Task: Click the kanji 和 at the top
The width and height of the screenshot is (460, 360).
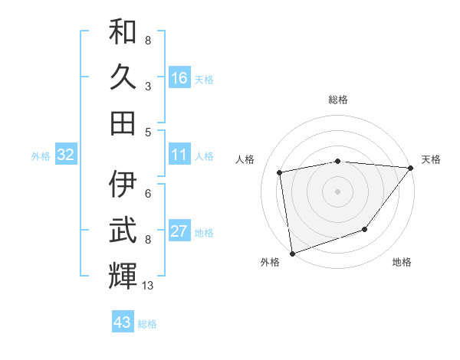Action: (x=123, y=31)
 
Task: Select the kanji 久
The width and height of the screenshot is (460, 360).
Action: (x=123, y=77)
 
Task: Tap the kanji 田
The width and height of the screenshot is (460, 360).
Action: (x=123, y=123)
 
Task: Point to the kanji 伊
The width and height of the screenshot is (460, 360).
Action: (x=123, y=185)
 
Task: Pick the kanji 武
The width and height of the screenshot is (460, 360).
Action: (x=123, y=231)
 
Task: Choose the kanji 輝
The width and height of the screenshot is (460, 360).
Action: (x=123, y=276)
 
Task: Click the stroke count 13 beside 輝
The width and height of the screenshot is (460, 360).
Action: (x=148, y=286)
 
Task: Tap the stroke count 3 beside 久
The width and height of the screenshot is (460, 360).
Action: (x=148, y=86)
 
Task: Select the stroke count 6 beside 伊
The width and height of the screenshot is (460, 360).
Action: (x=148, y=194)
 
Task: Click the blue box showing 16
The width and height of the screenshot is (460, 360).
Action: (x=179, y=78)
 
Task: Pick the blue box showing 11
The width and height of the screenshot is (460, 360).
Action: (x=179, y=155)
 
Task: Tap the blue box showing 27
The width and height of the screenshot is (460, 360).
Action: (x=179, y=232)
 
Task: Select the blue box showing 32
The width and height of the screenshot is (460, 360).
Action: (x=65, y=155)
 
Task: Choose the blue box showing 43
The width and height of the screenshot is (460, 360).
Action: (x=122, y=322)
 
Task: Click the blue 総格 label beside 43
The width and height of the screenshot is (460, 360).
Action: (x=147, y=324)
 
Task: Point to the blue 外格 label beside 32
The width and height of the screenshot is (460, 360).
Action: (x=41, y=156)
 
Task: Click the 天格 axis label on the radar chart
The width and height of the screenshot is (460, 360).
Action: (x=431, y=159)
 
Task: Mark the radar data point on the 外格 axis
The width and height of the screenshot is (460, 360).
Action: (x=292, y=253)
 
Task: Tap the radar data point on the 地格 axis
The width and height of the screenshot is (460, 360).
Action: (x=365, y=229)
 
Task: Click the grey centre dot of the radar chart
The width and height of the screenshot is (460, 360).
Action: (x=337, y=191)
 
